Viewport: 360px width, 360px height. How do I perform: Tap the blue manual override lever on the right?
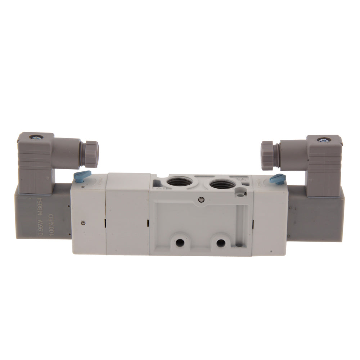tap(279, 177)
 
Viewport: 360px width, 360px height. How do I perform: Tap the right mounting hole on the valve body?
tap(220, 242)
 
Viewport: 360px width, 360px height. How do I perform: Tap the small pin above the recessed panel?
tap(200, 199)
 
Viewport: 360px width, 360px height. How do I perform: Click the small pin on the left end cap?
tap(84, 222)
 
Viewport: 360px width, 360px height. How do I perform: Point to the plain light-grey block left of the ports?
tap(128, 214)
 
